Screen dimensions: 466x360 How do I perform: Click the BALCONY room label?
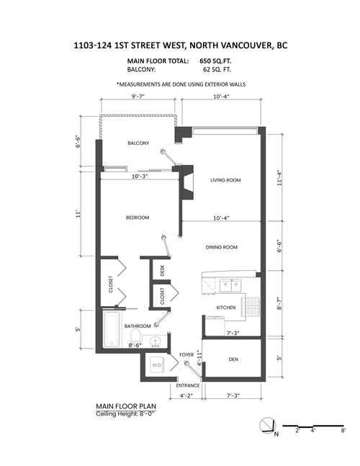[x=138, y=143]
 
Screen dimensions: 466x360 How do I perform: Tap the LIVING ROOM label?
[x=225, y=180]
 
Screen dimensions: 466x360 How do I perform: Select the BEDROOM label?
[x=137, y=218]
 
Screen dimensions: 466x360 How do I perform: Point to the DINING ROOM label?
[x=220, y=247]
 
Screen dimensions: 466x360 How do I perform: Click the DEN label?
[x=233, y=359]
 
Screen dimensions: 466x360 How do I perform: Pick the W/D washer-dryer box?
[x=157, y=366]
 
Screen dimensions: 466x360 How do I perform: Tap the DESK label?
[x=163, y=270]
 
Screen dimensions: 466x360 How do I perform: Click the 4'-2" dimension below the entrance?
[x=186, y=395]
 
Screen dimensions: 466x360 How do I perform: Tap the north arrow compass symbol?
[x=267, y=425]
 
